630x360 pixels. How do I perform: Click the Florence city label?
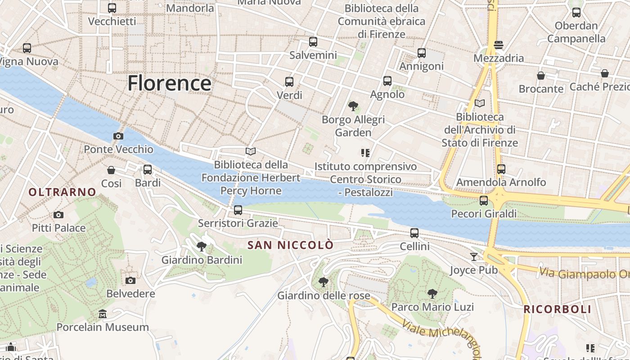coord(169,84)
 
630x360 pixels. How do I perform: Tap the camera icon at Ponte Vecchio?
coord(118,136)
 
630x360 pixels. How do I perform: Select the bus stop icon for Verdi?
coord(289,82)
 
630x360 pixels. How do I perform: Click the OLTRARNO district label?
coord(63,192)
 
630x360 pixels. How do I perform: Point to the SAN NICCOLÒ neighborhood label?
coord(291,245)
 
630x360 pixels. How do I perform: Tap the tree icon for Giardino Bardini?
coord(202,246)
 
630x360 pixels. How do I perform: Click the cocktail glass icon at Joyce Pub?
coord(474,256)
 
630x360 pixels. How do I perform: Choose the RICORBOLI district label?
coord(557,310)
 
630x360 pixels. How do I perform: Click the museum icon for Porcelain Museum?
coord(103,314)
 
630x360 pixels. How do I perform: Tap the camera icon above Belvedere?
coord(130,280)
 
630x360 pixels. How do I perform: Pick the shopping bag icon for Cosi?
coord(111,170)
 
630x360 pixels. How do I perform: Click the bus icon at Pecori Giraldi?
coord(484,200)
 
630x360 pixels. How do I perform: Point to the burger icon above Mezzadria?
coord(499,45)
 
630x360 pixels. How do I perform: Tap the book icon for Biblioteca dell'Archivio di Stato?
coord(480,103)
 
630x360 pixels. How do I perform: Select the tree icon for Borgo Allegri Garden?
coord(353,106)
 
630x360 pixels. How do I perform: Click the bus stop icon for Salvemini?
coord(313,42)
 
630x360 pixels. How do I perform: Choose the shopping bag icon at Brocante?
coord(541,76)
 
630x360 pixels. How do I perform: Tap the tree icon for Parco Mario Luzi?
coord(432,294)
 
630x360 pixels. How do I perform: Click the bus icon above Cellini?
coord(414,233)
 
